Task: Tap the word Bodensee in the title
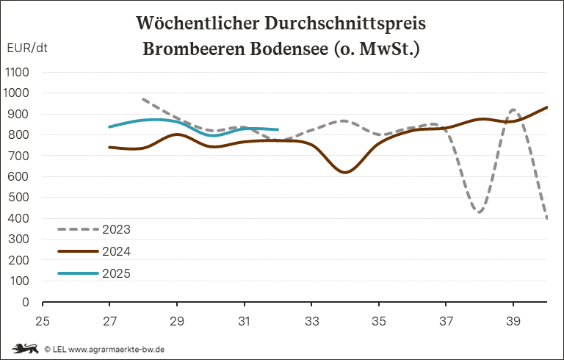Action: [289, 49]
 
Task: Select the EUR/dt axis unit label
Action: [27, 48]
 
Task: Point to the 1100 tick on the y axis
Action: [17, 72]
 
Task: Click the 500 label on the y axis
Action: [18, 198]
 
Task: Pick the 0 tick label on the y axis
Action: [26, 302]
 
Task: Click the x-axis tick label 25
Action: [43, 321]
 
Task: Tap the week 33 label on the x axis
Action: [311, 321]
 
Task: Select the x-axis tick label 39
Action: [513, 321]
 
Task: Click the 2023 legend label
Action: [116, 229]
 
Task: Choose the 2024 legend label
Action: [116, 251]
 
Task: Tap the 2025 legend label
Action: [116, 273]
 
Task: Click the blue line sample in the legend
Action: [78, 273]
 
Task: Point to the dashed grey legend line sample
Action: [78, 229]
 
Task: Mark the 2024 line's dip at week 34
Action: [345, 172]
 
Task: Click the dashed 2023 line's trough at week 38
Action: [480, 212]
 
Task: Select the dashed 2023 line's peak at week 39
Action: [513, 109]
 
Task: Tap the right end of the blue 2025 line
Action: [278, 129]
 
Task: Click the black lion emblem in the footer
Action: [25, 348]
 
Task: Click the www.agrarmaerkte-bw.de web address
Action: [117, 349]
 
